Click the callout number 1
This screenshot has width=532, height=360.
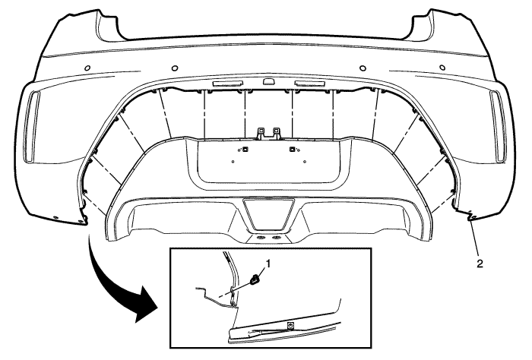269,263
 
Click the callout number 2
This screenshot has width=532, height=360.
480,264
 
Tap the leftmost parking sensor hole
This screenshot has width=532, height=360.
87,68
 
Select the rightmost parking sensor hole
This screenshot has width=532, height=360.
442,68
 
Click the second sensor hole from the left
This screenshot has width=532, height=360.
175,68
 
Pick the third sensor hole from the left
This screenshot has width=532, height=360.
363,68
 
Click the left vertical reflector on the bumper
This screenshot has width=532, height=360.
33,126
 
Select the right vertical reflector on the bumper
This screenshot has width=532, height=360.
498,126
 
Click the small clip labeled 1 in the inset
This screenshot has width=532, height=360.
254,279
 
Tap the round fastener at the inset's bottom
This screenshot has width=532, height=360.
290,326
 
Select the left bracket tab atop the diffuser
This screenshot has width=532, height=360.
261,133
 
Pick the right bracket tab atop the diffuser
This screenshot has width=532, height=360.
277,133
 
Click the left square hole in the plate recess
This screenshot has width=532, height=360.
245,149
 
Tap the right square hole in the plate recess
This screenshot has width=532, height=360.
291,149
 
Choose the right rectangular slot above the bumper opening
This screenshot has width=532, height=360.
309,84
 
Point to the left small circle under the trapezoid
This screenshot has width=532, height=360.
261,238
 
